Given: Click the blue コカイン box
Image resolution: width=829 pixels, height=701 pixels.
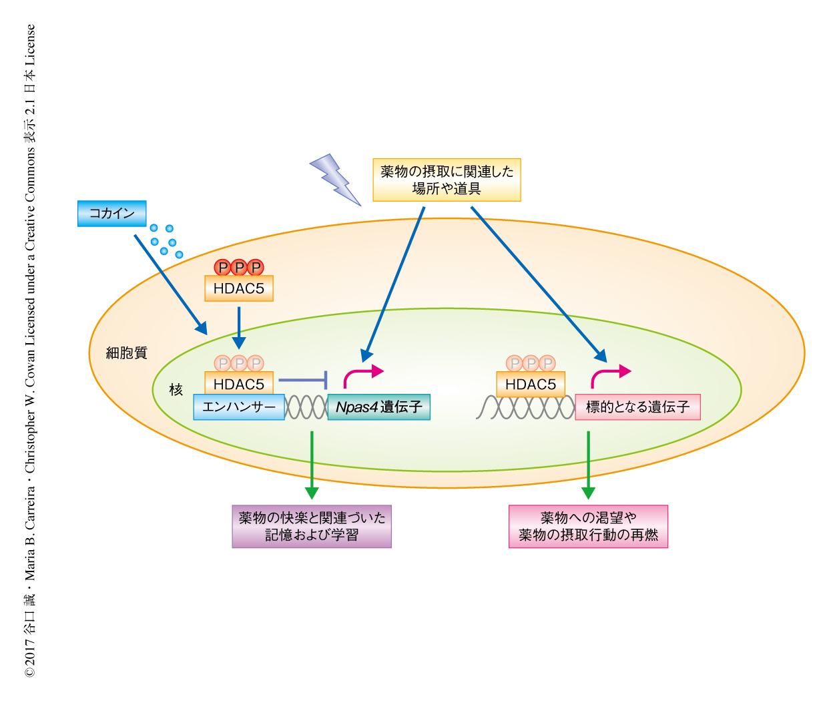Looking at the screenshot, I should pyautogui.click(x=111, y=214).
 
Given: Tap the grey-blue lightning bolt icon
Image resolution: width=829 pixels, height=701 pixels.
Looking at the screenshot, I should pyautogui.click(x=334, y=180).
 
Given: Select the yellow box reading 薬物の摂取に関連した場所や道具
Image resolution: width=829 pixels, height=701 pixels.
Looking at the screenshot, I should pyautogui.click(x=447, y=180).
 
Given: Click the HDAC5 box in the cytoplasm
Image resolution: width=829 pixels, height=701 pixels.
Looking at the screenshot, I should pyautogui.click(x=238, y=289).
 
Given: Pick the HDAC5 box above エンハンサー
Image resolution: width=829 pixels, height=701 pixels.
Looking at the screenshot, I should pyautogui.click(x=238, y=384).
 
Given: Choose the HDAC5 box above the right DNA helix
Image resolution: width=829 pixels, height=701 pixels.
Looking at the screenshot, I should pyautogui.click(x=531, y=384).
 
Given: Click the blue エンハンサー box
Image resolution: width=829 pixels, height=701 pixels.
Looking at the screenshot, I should pyautogui.click(x=239, y=407).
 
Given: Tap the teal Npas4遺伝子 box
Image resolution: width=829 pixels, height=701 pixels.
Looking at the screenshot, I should pyautogui.click(x=378, y=407).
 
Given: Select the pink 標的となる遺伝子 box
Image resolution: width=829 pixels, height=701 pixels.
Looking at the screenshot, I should pyautogui.click(x=637, y=407).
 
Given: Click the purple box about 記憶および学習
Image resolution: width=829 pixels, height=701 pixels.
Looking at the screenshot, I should pyautogui.click(x=312, y=526).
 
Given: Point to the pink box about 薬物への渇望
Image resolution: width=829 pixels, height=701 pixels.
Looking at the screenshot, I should pyautogui.click(x=588, y=526).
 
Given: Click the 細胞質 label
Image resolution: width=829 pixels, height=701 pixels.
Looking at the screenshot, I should pyautogui.click(x=126, y=353).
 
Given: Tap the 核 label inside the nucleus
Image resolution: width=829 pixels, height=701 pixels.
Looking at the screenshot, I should pyautogui.click(x=176, y=389).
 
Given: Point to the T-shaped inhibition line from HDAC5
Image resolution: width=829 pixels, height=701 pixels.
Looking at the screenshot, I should pyautogui.click(x=304, y=381).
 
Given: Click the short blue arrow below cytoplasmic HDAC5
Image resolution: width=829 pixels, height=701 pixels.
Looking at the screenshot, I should pyautogui.click(x=238, y=327).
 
